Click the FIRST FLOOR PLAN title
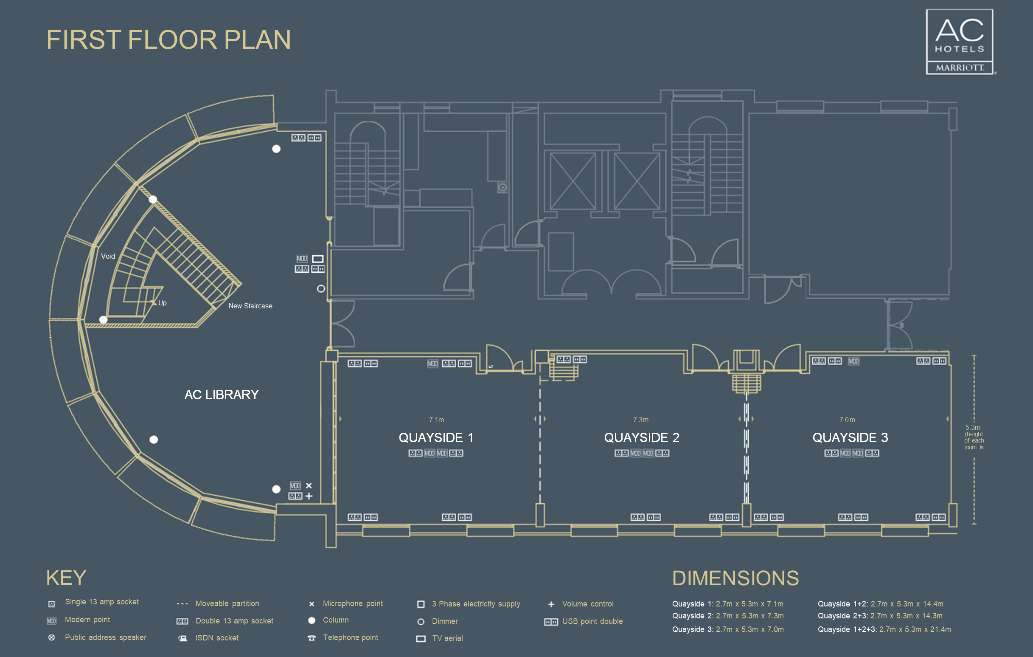168,40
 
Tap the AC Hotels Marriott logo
959,42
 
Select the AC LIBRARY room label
222,395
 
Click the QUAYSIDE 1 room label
435,437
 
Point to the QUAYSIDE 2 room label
641,437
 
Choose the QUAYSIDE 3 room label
850,437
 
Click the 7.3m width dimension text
640,420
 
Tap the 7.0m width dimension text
847,420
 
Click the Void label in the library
108,257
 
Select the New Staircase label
250,306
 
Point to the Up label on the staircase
162,303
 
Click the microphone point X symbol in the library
309,486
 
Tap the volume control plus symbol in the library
309,496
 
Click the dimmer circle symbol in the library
320,288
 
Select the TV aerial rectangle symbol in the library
317,259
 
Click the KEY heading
66,578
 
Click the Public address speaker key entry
105,637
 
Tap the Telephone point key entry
350,637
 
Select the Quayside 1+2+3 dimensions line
884,629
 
